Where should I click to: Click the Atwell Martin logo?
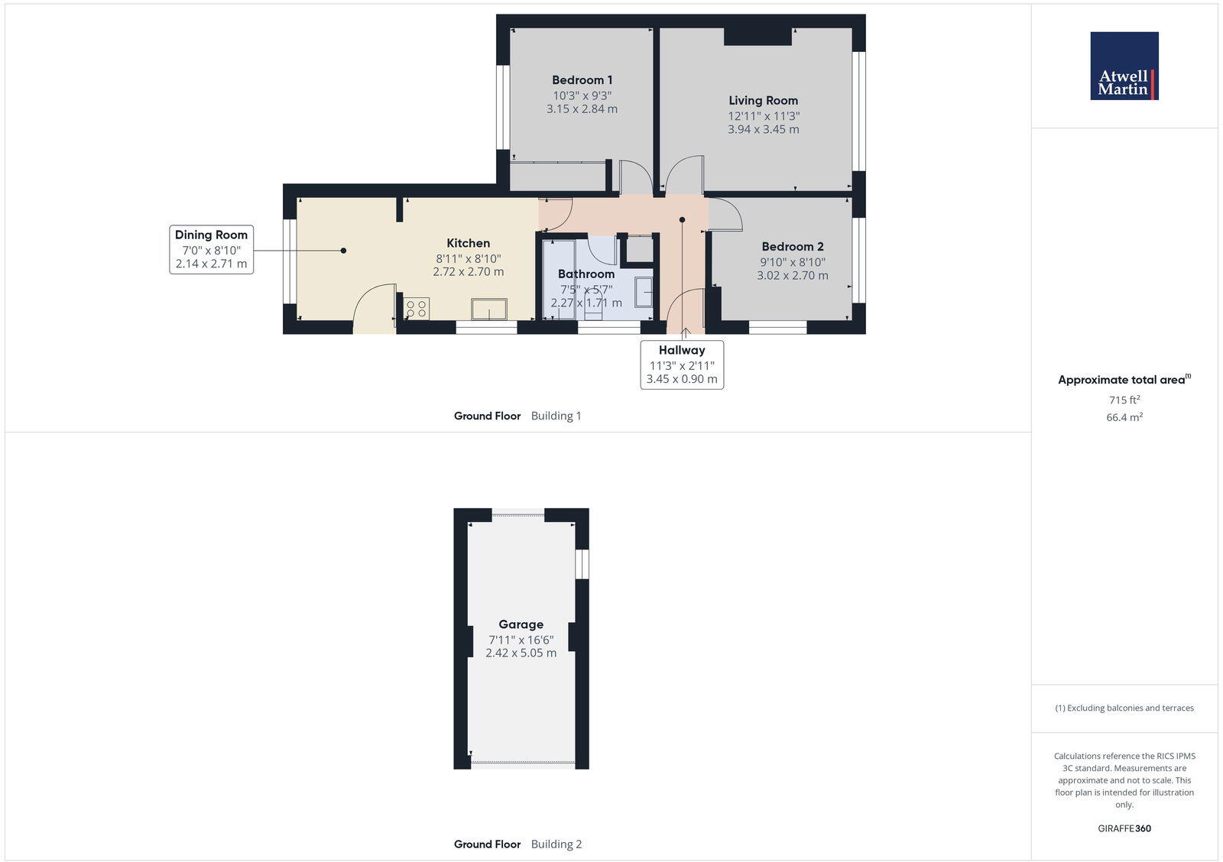tap(1124, 66)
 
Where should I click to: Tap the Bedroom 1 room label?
tap(582, 80)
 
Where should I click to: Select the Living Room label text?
tap(763, 100)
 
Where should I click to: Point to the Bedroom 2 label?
tap(793, 247)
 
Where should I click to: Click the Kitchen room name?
tap(468, 244)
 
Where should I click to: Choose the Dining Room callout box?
tap(211, 249)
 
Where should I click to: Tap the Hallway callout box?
tap(682, 365)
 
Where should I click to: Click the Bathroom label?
tap(586, 274)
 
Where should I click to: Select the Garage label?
tap(521, 624)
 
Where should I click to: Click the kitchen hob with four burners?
tap(417, 309)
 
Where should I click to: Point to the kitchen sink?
tap(488, 309)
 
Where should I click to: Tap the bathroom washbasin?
tap(644, 292)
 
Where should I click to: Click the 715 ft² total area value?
tap(1124, 400)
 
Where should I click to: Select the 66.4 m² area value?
tap(1124, 417)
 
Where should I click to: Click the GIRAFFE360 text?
tap(1124, 828)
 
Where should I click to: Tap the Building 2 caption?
tap(556, 844)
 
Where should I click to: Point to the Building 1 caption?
tap(556, 416)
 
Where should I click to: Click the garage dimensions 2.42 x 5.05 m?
tap(521, 653)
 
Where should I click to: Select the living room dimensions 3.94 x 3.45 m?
tap(763, 130)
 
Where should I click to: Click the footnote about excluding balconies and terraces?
tap(1124, 708)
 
